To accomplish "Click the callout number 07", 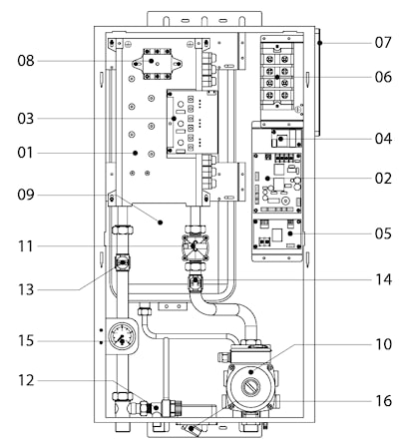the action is pos(383,43).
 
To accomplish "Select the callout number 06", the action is pos(383,77).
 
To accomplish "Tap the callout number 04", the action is pos(383,139).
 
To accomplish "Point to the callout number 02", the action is pos(383,179).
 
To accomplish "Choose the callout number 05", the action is pos(383,233).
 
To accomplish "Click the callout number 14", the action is pos(383,279).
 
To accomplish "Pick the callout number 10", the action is pos(383,344).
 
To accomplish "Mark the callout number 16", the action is pos(383,401).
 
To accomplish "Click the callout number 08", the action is pos(26,61).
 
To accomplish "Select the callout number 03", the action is pos(26,119).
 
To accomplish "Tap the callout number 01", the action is pos(26,153).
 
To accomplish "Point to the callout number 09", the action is pos(26,195).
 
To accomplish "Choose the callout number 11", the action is pos(26,246).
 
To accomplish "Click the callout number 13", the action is pos(26,289).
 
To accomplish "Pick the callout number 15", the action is pos(26,341).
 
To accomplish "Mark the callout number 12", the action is pos(26,380).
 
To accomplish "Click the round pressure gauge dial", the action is pos(122,336).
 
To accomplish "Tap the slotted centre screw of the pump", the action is pos(250,387).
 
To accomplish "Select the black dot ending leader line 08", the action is pos(152,61).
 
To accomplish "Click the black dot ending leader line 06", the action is pos(277,77).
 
